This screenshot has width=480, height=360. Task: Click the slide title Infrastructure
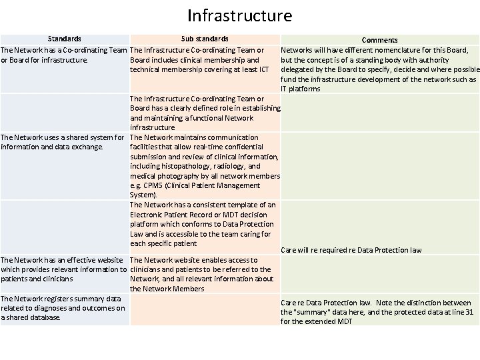coord(240,15)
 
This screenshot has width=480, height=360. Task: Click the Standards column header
coord(64,39)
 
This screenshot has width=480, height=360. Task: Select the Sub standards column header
coord(204,39)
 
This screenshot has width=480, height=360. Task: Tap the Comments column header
coord(379,40)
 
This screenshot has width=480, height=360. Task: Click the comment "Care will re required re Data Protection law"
coord(351,250)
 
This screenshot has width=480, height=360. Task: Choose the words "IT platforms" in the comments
coord(300,89)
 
